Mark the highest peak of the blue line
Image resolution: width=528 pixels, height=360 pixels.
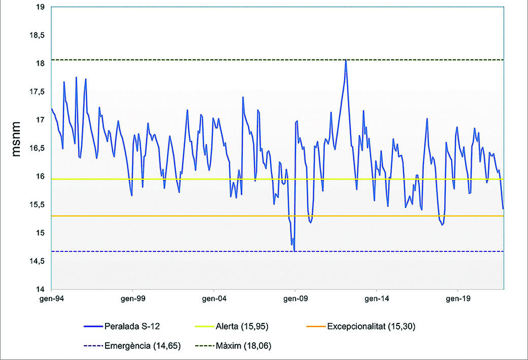pos(346,60)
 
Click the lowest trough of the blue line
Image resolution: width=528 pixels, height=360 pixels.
pos(294,250)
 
